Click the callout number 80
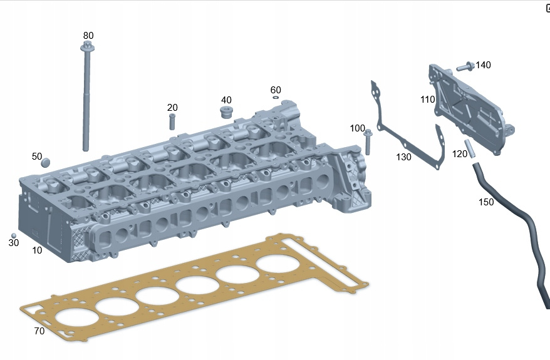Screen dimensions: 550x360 [88, 36]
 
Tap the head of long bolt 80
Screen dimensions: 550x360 [86, 46]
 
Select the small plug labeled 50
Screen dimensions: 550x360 [46, 163]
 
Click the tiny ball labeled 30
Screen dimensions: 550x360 [14, 235]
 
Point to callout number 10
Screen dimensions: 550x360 [37, 250]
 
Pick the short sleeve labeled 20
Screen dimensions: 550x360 [172, 121]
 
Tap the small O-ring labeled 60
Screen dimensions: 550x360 [276, 97]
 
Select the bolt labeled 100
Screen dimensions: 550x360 [368, 142]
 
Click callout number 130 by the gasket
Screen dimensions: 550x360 [404, 157]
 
